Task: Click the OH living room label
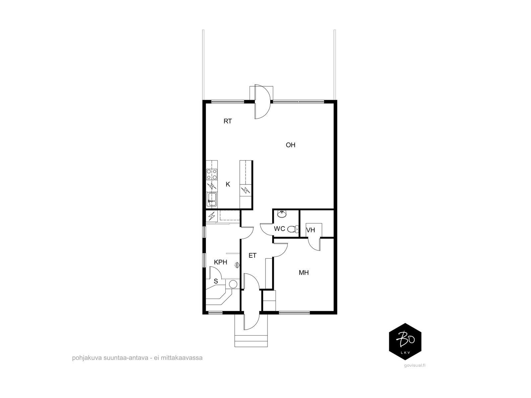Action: tap(290, 145)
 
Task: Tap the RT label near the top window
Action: tap(228, 121)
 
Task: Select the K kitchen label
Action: tap(228, 184)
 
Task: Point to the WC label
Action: tap(279, 229)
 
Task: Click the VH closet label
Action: tap(311, 230)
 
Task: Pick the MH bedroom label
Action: tap(304, 273)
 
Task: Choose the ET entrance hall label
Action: tap(252, 255)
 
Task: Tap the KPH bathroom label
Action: tap(220, 262)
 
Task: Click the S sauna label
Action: tap(216, 281)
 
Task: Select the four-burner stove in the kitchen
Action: tap(212, 174)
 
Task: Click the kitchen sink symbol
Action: tap(212, 199)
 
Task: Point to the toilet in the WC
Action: tap(293, 229)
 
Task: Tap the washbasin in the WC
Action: tap(281, 214)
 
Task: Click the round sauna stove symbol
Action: tap(233, 284)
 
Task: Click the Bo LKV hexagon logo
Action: tap(405, 342)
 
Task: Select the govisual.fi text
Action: tap(415, 365)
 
